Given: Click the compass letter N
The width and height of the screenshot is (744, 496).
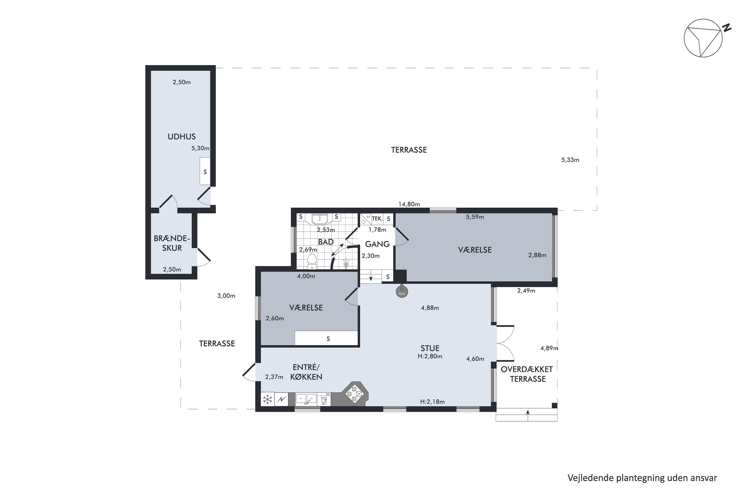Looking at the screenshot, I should point(727,28).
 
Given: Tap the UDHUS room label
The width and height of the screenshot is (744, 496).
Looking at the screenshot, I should point(182,137).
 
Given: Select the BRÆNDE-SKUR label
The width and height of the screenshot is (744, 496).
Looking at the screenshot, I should point(172,243).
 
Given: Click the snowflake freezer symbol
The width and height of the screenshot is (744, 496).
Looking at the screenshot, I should point(268,400).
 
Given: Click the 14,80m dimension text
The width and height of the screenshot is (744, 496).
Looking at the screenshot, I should point(409,204).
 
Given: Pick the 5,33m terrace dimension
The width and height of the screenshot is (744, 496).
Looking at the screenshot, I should point(570,160).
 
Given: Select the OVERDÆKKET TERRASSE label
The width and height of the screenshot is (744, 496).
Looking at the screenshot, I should point(527,374).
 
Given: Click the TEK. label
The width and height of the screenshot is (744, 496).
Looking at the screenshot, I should point(377,218).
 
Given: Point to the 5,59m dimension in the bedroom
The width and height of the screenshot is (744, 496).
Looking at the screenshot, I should point(475,217).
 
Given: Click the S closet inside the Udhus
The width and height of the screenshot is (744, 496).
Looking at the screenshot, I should point(205,172).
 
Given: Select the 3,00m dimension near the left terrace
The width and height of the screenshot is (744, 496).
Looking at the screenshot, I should point(226,296).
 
